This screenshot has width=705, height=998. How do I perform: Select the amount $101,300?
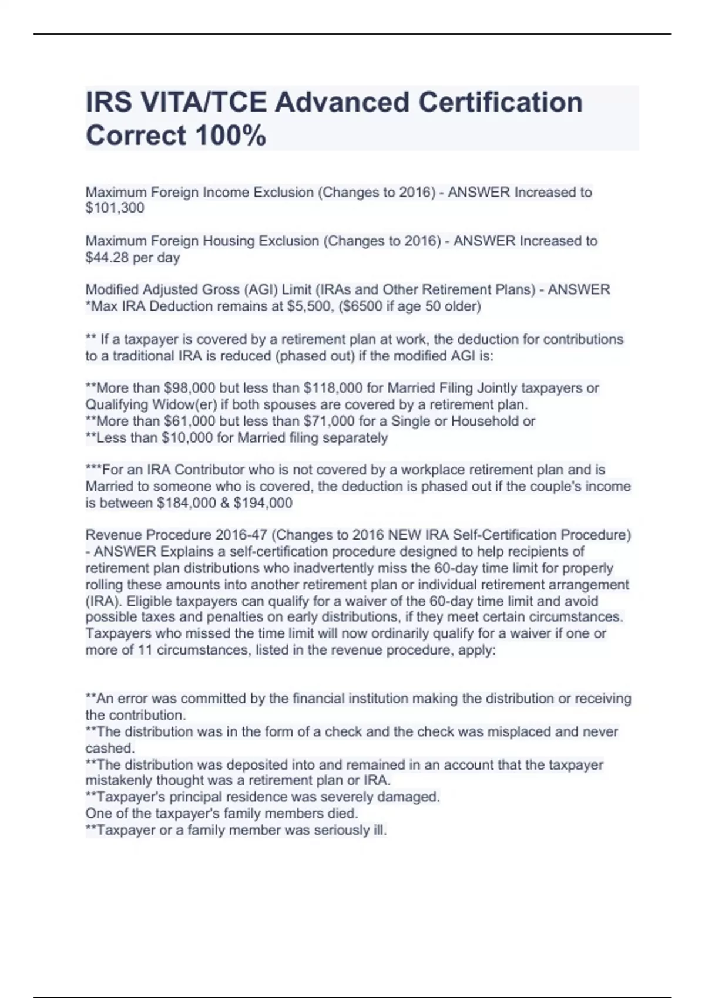pyautogui.click(x=115, y=208)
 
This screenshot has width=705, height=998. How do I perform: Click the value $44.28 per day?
pyautogui.click(x=133, y=257)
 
